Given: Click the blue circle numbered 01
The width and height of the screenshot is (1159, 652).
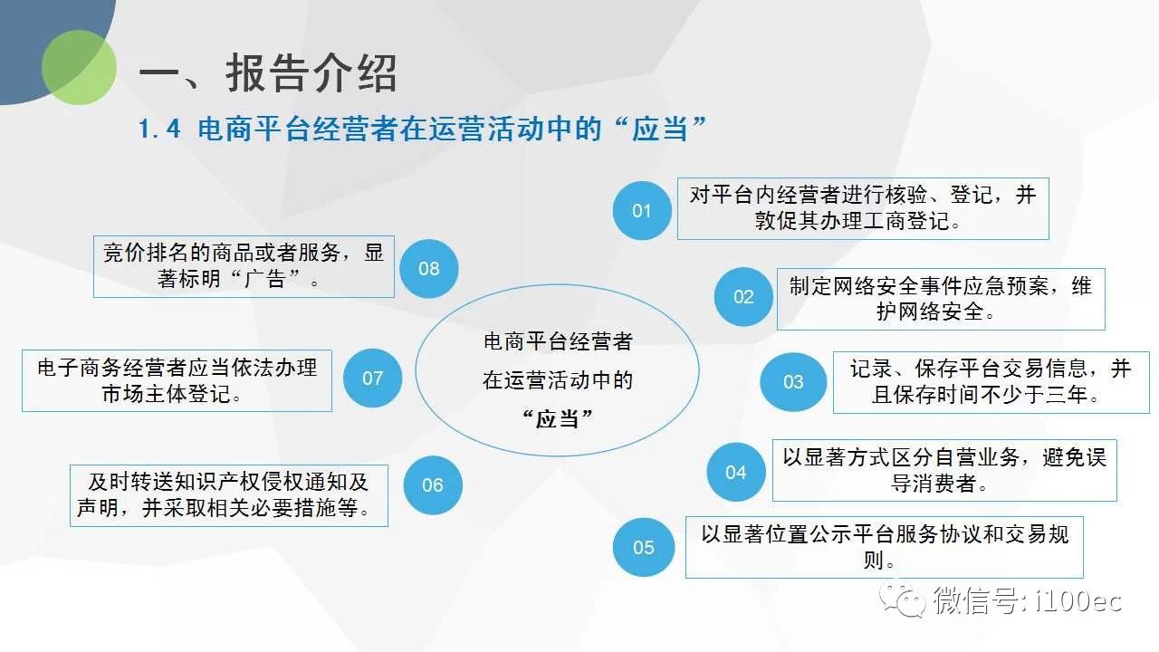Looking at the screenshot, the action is tap(642, 211).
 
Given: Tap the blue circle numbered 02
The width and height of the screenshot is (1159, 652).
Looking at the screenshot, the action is tap(743, 296).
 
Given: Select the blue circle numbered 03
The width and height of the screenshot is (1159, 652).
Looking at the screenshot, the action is tap(793, 382).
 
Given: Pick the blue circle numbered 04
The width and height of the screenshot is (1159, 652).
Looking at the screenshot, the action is tap(736, 472).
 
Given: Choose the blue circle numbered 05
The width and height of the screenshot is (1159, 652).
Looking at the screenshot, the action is tap(644, 547).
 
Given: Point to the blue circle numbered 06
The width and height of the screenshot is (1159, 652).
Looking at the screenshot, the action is tap(433, 484).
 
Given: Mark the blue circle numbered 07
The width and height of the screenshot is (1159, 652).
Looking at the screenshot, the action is tap(372, 378).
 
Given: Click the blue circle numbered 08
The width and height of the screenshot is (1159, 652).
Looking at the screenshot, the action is tap(429, 268).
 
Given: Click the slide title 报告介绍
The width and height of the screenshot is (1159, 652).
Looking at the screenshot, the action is tap(311, 73).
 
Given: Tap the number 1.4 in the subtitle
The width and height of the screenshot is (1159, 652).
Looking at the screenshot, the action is tap(159, 129).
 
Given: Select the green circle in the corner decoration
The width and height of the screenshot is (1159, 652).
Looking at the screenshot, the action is tap(79, 67).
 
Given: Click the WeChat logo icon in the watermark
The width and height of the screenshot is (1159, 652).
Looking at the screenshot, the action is tap(903, 600).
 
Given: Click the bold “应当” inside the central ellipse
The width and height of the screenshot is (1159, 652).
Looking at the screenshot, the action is tap(557, 418).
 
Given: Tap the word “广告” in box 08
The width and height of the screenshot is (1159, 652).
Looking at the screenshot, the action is tap(265, 279).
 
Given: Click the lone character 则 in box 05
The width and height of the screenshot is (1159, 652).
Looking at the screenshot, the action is tap(874, 560).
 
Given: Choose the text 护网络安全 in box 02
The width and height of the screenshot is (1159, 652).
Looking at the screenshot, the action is tap(930, 312).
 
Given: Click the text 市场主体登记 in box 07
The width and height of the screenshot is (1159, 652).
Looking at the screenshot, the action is tap(166, 394).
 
